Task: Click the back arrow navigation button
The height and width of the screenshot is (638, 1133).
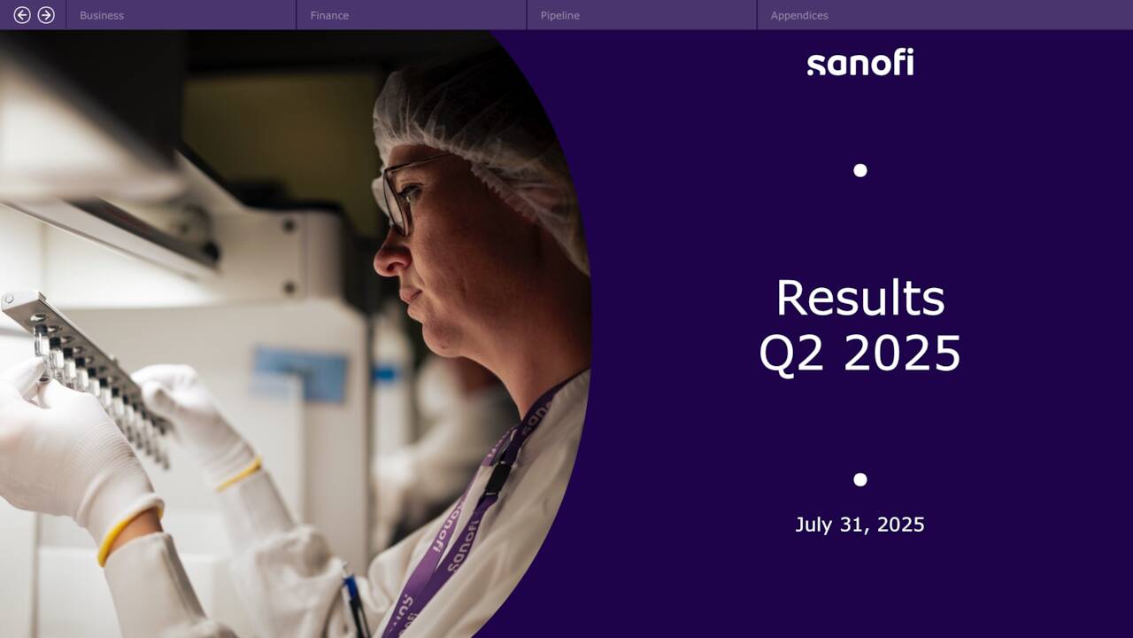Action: [22, 15]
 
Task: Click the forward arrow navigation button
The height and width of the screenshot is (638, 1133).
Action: [46, 15]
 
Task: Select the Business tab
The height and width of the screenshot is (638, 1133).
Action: [102, 15]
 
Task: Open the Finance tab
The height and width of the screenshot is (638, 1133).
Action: [329, 15]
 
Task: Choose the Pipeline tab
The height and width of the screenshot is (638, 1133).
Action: [560, 15]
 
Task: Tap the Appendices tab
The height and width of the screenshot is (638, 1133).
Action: [799, 15]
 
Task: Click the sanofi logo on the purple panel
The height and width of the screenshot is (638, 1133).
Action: [859, 63]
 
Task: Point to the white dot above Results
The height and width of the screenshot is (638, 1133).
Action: [859, 170]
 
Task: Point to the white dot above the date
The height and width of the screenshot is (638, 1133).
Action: [859, 479]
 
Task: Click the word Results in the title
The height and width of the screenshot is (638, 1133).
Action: [859, 298]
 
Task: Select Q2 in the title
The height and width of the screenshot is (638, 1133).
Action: [791, 354]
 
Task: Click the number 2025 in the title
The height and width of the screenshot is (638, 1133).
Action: [902, 354]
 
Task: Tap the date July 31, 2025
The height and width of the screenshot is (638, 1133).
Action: [859, 525]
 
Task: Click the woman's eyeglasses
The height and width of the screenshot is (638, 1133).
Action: [403, 191]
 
